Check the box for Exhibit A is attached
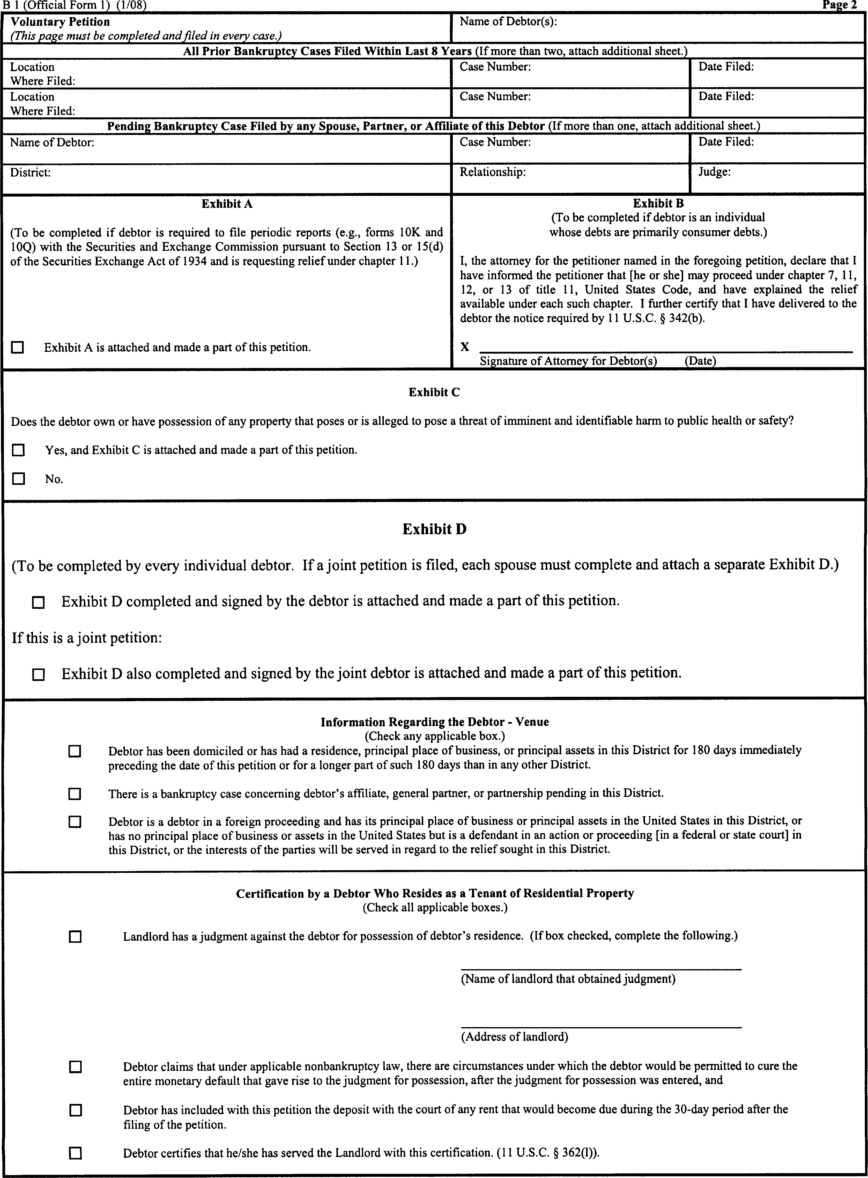[18, 347]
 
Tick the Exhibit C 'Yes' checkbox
[18, 450]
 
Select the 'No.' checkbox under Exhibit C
[18, 479]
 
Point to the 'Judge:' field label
[714, 172]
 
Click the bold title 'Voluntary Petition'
[60, 22]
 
